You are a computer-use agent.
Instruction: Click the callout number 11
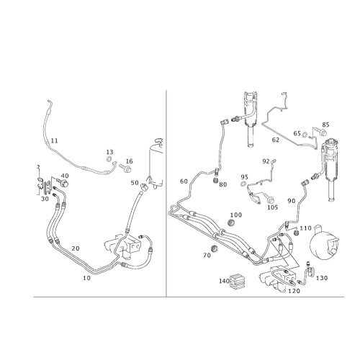(55, 140)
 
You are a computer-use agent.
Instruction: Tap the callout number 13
(109, 152)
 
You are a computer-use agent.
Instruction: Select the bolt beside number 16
(125, 168)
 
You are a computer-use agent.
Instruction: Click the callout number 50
(135, 183)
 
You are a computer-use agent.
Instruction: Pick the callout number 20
(76, 248)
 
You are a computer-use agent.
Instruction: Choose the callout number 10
(86, 278)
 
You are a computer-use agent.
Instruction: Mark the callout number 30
(45, 199)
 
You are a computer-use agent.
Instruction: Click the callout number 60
(184, 181)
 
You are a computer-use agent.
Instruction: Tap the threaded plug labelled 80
(216, 181)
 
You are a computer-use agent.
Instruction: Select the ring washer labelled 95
(243, 184)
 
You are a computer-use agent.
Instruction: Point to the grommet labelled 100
(231, 222)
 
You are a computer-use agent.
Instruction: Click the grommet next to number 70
(214, 248)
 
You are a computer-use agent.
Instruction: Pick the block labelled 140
(238, 282)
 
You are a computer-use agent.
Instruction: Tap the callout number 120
(294, 291)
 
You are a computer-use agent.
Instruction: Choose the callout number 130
(322, 278)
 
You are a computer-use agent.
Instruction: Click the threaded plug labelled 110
(297, 233)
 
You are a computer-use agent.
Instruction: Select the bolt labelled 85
(320, 131)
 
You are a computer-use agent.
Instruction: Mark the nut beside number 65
(305, 135)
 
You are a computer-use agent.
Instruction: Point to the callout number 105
(272, 207)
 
